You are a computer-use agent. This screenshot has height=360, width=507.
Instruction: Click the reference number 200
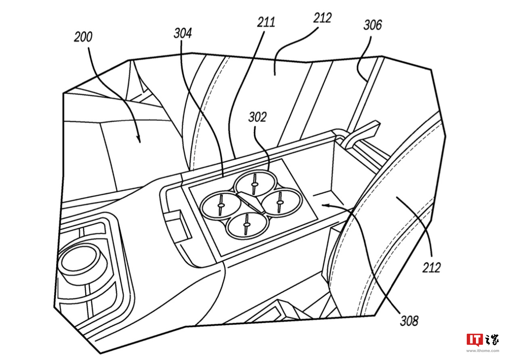pyautogui.click(x=83, y=37)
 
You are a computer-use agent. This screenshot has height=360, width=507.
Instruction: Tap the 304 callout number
pyautogui.click(x=183, y=33)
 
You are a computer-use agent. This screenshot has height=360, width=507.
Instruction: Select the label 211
pyautogui.click(x=266, y=22)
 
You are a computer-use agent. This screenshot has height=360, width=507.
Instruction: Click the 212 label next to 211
pyautogui.click(x=322, y=18)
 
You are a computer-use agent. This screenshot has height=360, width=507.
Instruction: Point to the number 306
pyautogui.click(x=372, y=25)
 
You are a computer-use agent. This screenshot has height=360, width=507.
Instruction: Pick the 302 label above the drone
pyautogui.click(x=257, y=117)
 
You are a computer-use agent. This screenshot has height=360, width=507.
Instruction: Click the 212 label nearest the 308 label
pyautogui.click(x=431, y=268)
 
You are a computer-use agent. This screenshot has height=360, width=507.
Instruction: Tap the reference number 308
pyautogui.click(x=409, y=321)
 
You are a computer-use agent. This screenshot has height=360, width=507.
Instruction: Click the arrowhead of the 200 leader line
pyautogui.click(x=139, y=139)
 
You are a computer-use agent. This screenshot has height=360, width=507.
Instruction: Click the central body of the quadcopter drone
pyautogui.click(x=252, y=202)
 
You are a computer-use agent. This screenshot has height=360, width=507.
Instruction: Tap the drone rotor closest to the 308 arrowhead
pyautogui.click(x=281, y=202)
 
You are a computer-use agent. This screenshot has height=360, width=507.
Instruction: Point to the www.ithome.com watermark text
pyautogui.click(x=482, y=351)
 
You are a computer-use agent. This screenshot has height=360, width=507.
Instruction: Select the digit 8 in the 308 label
pyautogui.click(x=415, y=321)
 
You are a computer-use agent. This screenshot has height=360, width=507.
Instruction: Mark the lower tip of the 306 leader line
pyautogui.click(x=366, y=80)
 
